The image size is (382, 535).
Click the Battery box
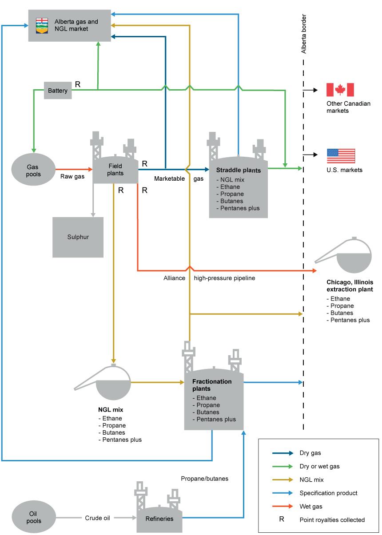pyautogui.click(x=58, y=90)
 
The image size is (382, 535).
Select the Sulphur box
pyautogui.click(x=78, y=237)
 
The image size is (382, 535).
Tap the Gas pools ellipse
pyautogui.click(x=33, y=169)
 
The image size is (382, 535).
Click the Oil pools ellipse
pyautogui.click(x=34, y=517)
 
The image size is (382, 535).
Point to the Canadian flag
pyautogui.click(x=340, y=90)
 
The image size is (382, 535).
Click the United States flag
pyautogui.click(x=341, y=156)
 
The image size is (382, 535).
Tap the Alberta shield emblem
pyautogui.click(x=42, y=26)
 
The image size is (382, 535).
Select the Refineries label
pyautogui.click(x=159, y=519)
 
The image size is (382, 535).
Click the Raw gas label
pyautogui.click(x=72, y=177)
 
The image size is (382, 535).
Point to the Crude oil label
pyautogui.click(x=97, y=518)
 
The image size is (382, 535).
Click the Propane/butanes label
pyautogui.click(x=204, y=479)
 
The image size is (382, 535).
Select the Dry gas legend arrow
pyautogui.click(x=283, y=453)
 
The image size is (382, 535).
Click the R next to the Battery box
pyautogui.click(x=78, y=84)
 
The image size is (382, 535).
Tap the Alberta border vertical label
pyautogui.click(x=303, y=34)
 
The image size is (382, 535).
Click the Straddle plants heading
pyautogui.click(x=239, y=170)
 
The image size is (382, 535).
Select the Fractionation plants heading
pyautogui.click(x=212, y=385)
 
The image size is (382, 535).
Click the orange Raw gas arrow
pyautogui.click(x=74, y=169)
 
